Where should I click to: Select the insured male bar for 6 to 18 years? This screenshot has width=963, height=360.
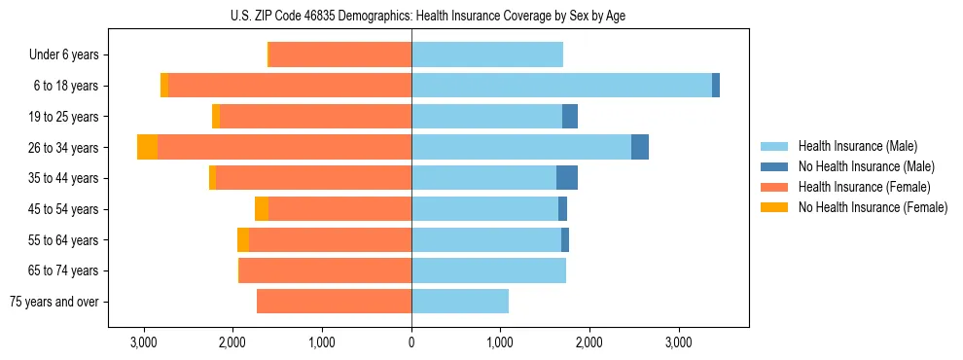click(x=561, y=86)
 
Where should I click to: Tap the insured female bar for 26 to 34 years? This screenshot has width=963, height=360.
click(x=284, y=147)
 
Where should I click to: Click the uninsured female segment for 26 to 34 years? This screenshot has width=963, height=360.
click(x=147, y=147)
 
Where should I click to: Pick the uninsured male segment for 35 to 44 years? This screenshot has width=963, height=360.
click(x=567, y=178)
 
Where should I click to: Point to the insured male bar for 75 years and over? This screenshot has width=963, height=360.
click(x=460, y=302)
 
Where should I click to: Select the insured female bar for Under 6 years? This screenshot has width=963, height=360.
click(x=340, y=54)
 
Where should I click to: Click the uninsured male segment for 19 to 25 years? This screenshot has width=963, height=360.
click(x=570, y=117)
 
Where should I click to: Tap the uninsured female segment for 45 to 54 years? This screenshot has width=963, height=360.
click(x=262, y=209)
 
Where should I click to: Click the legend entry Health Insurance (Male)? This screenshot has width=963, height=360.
click(x=857, y=147)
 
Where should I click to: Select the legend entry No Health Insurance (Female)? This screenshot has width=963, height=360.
click(x=873, y=207)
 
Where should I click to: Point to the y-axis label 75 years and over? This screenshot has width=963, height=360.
click(x=54, y=303)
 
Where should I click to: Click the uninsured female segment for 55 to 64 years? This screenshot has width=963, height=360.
click(x=243, y=240)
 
